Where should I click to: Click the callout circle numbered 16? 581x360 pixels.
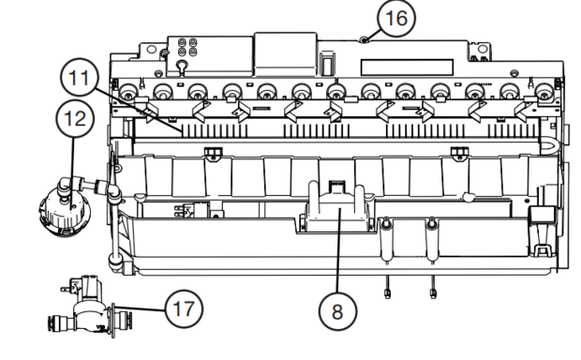tap(396, 18)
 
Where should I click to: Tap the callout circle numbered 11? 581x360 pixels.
tap(80, 78)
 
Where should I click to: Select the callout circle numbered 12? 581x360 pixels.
tap(75, 119)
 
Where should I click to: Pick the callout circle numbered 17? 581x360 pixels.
tap(184, 308)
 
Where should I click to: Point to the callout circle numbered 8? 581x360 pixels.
tap(337, 311)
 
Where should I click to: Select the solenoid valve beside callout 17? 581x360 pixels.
tap(89, 307)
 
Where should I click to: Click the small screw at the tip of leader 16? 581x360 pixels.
tap(365, 40)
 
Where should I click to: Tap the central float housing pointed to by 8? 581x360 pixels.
tap(336, 209)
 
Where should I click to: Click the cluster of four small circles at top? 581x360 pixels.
tap(187, 47)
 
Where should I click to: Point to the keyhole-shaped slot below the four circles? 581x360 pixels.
tap(181, 66)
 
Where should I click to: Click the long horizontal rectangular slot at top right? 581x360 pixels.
tap(408, 67)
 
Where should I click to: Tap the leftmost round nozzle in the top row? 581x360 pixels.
tap(128, 92)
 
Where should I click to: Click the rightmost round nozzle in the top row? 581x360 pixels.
tap(544, 92)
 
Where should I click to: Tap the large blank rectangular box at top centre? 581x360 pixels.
tap(285, 54)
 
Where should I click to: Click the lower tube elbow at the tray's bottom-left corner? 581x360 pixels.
tap(114, 260)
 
